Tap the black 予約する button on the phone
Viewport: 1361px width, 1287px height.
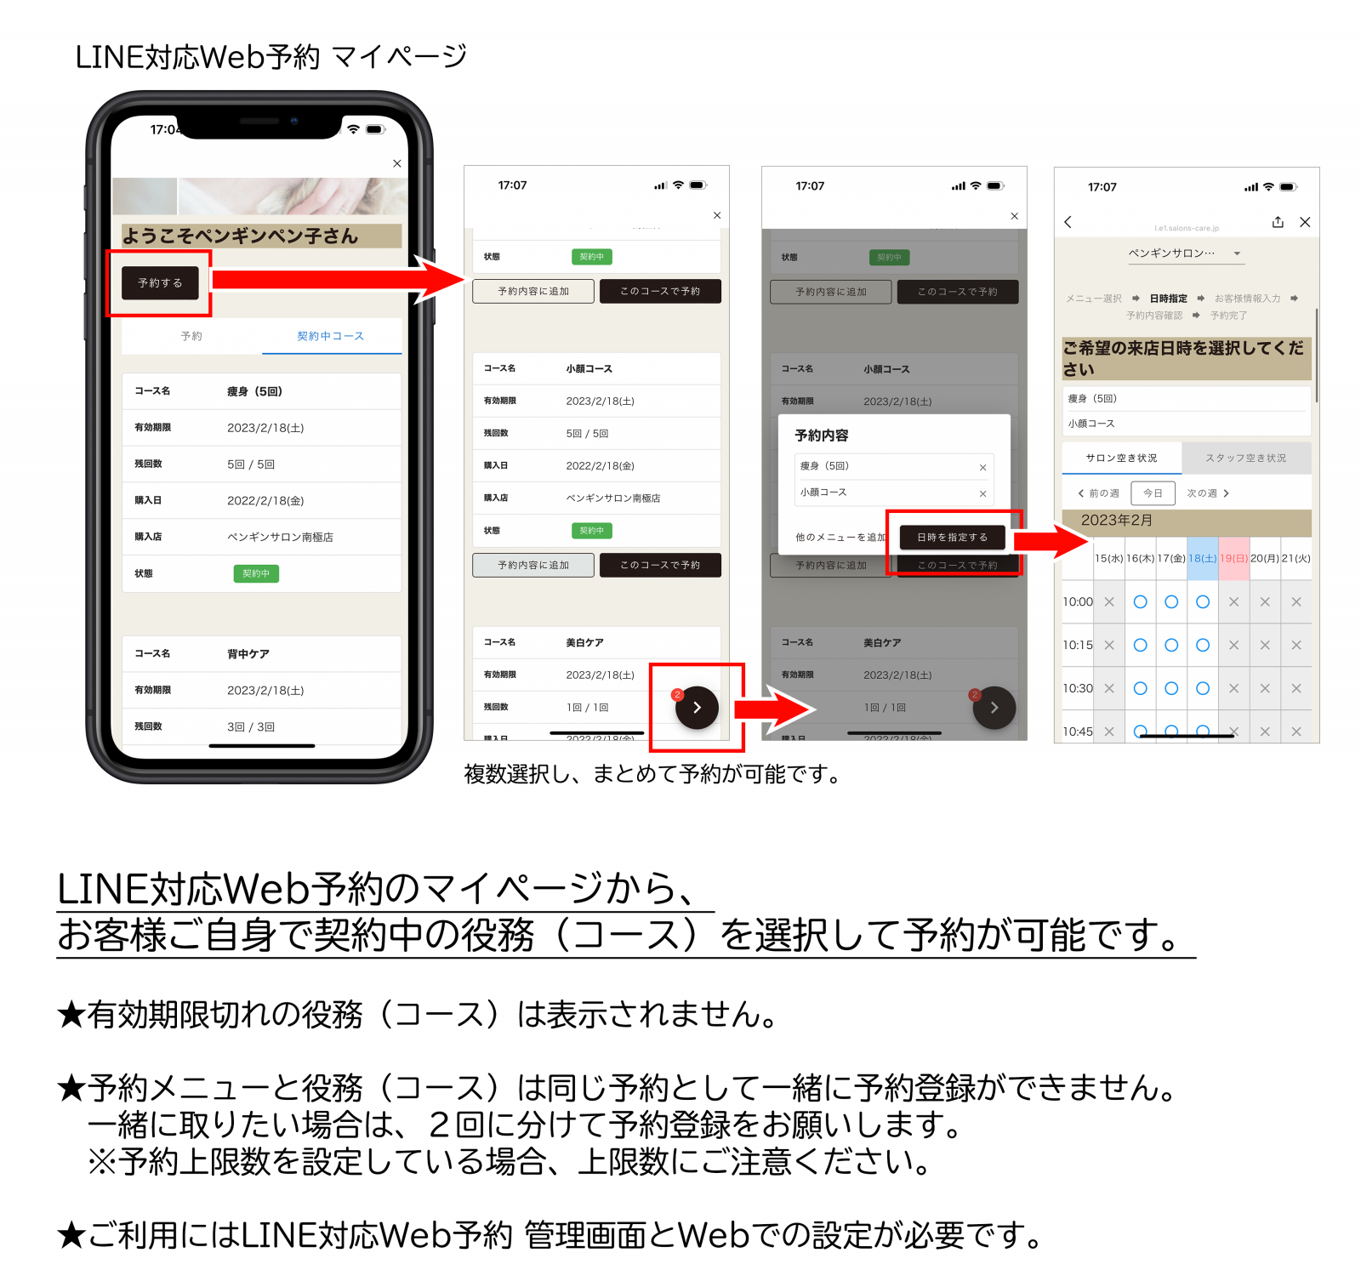point(160,283)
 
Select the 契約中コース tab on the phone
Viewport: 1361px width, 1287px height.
point(330,336)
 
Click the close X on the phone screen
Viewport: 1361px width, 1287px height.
point(397,163)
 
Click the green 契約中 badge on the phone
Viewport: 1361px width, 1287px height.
point(256,573)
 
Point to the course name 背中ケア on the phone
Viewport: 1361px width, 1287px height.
point(248,653)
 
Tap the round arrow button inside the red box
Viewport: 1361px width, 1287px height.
point(697,708)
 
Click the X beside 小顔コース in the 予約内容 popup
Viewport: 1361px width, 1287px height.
point(982,493)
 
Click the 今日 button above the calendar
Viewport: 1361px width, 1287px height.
point(1153,493)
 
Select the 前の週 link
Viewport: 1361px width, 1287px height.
point(1099,493)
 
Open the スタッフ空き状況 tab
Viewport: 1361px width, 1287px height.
point(1245,458)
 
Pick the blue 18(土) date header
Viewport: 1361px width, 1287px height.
point(1202,558)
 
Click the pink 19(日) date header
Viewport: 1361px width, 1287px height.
point(1233,558)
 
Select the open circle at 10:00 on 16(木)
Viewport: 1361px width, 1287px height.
point(1140,601)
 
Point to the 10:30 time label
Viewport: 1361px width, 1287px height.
point(1077,688)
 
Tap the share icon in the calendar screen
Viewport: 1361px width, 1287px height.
point(1278,222)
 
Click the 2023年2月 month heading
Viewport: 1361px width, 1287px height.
point(1116,521)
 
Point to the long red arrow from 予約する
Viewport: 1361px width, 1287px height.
point(332,279)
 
